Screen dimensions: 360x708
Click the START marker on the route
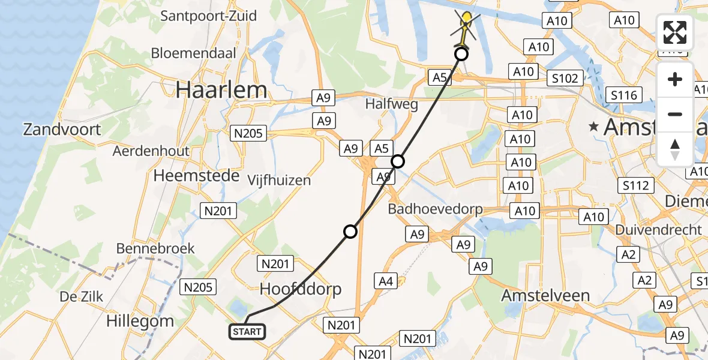coord(247,332)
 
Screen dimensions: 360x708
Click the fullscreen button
coord(675,32)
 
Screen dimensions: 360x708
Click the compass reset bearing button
coord(675,149)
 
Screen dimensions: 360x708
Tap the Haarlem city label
coord(221,90)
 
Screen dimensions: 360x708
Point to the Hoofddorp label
coord(301,289)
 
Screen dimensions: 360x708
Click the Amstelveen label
coord(545,296)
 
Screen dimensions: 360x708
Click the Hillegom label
coord(140,321)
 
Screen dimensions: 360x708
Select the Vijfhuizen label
coord(278,180)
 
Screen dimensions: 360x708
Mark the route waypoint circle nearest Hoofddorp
coord(350,232)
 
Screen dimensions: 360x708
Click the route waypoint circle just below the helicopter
coord(461,55)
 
